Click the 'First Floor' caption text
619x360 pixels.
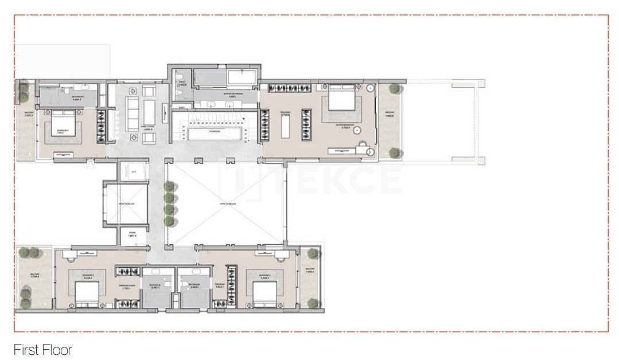pos(43,349)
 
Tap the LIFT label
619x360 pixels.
pos(133,171)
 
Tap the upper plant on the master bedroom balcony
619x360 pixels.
pos(394,89)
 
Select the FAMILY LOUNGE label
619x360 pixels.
pos(149,127)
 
